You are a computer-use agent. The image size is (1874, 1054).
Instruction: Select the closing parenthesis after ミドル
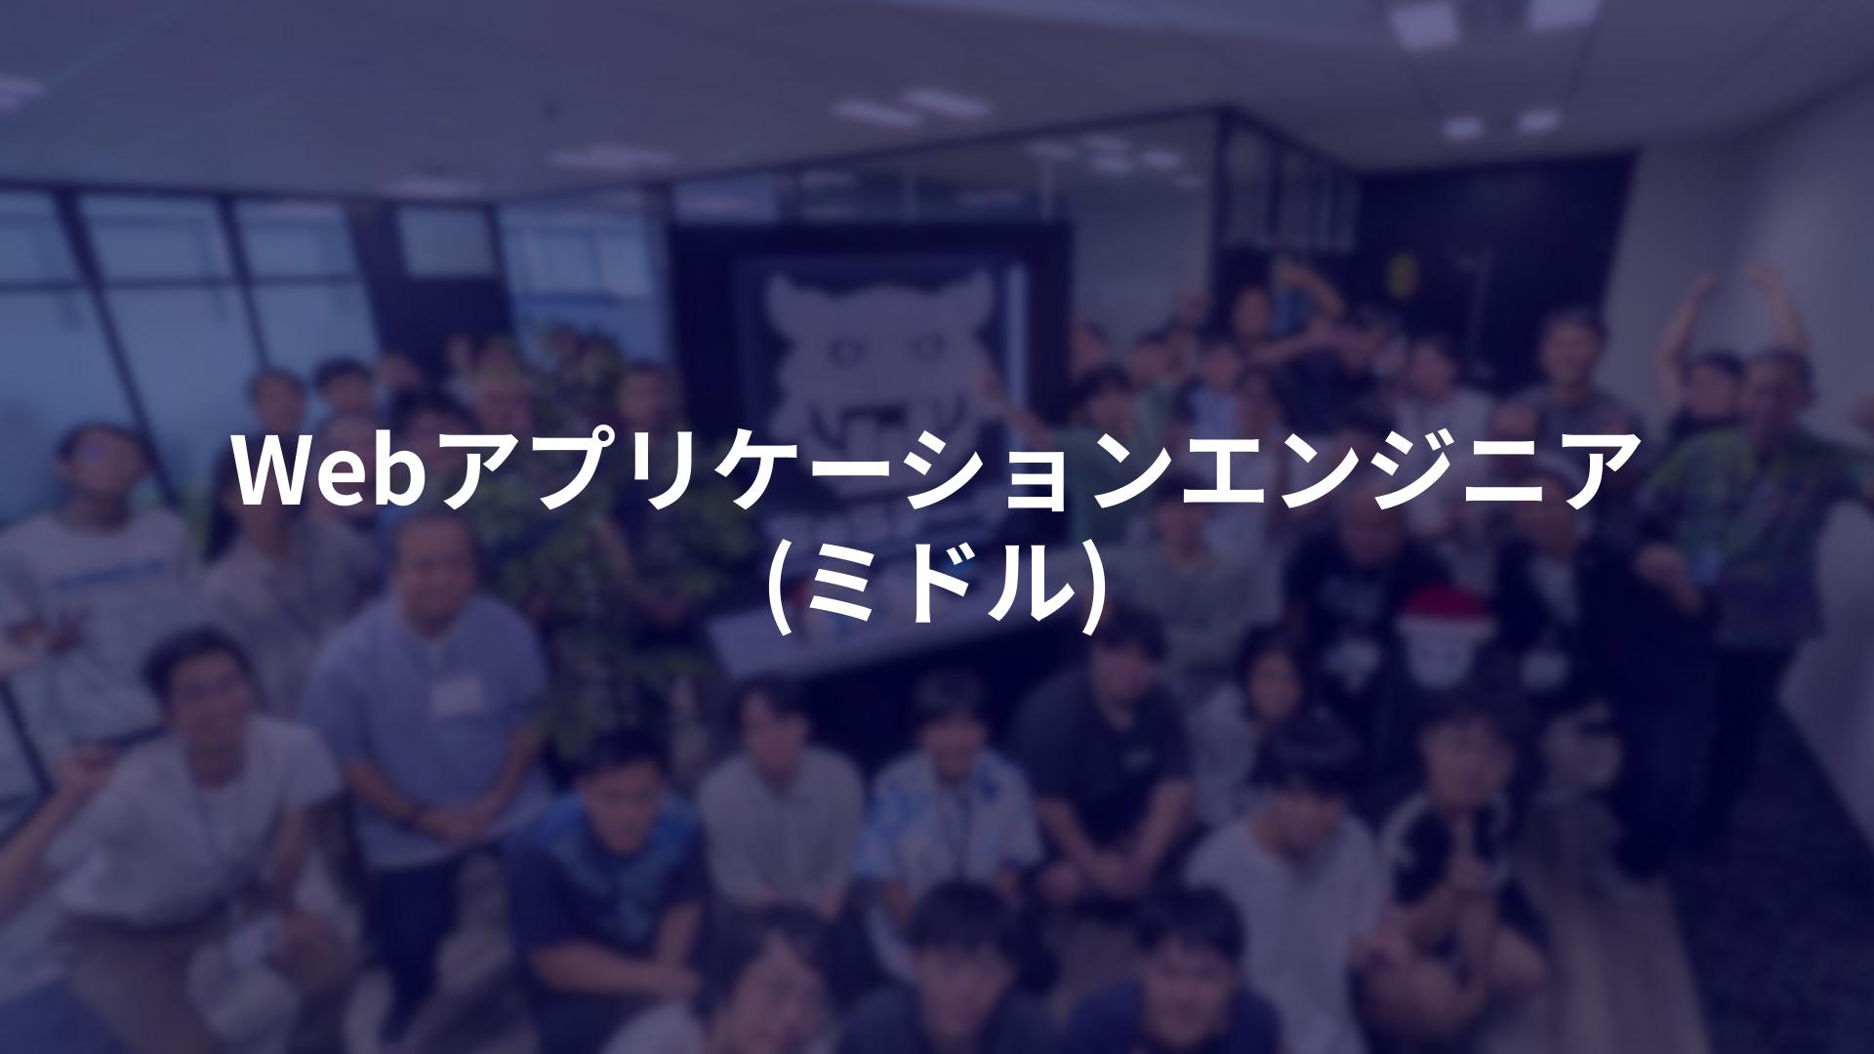pos(1093,586)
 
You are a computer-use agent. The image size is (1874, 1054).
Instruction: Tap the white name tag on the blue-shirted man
pos(458,694)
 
